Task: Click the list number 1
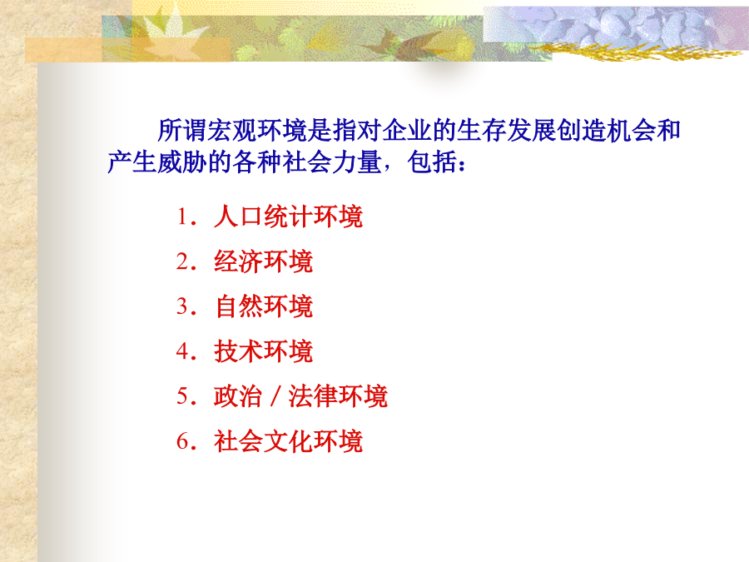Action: click(x=182, y=216)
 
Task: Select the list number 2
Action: click(x=183, y=261)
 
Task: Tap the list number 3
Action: click(x=183, y=306)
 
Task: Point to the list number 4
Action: click(x=183, y=351)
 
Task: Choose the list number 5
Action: click(x=183, y=396)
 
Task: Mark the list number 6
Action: click(x=183, y=441)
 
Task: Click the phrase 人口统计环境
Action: click(x=288, y=216)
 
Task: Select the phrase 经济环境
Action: click(x=263, y=261)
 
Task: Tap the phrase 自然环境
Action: click(x=263, y=306)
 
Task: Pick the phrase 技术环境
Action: click(x=263, y=351)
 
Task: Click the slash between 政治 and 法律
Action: click(x=275, y=396)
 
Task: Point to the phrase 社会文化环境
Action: click(x=288, y=441)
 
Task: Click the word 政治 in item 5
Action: click(x=238, y=396)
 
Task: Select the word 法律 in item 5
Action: click(x=312, y=396)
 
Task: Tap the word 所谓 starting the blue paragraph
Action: click(x=182, y=131)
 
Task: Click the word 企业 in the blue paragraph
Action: click(x=407, y=131)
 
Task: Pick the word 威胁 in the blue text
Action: click(x=182, y=162)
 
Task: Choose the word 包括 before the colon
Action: click(x=432, y=162)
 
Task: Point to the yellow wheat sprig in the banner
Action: click(x=635, y=51)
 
